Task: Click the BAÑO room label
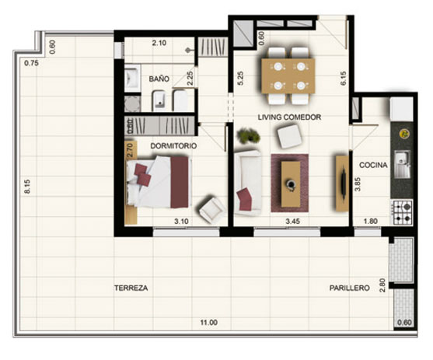coord(159,79)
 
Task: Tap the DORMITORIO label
coord(173,145)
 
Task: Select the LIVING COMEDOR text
coord(289,117)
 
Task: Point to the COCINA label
coord(373,165)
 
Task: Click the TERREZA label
coord(131,288)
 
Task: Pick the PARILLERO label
coord(350,288)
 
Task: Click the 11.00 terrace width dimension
coord(209,323)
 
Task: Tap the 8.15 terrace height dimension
coord(27,187)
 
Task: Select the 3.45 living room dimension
coord(293,222)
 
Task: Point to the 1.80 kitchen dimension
coord(371,222)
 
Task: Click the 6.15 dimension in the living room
coord(344,79)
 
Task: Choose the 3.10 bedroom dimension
coord(181,222)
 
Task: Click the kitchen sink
coord(402,164)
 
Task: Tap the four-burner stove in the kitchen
coord(402,212)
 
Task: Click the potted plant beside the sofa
coord(249,135)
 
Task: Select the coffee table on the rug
coord(291,184)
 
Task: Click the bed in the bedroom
coord(159,182)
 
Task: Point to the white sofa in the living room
coord(247,183)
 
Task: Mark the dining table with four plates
coord(288,76)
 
